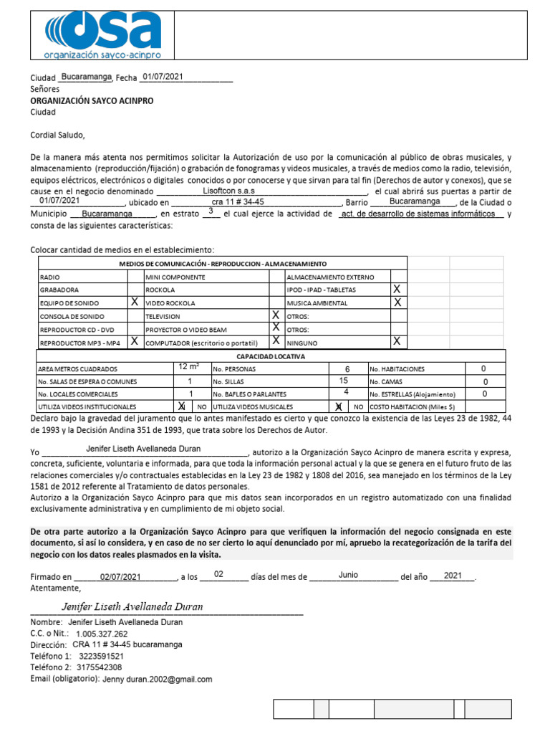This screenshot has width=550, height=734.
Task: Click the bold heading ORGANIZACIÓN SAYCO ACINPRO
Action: click(x=92, y=101)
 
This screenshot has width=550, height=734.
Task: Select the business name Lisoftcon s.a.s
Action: click(x=228, y=191)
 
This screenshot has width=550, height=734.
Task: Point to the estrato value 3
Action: click(x=211, y=212)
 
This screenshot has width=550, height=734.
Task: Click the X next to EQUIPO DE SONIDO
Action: click(x=134, y=302)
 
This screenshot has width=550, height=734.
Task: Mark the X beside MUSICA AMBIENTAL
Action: click(x=397, y=302)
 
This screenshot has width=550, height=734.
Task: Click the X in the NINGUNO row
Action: click(x=397, y=341)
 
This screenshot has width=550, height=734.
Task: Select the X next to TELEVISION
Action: click(x=275, y=315)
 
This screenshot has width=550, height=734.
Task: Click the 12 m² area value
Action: click(x=189, y=368)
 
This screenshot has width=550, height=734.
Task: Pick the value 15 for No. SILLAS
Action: click(x=344, y=381)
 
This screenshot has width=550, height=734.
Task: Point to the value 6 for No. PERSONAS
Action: click(x=347, y=368)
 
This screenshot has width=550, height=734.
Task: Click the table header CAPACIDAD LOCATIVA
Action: click(x=271, y=356)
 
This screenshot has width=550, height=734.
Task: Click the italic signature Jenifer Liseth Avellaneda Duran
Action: click(x=132, y=606)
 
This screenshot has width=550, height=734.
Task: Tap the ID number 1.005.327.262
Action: click(x=101, y=634)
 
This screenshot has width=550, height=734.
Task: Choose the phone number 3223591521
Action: click(x=101, y=656)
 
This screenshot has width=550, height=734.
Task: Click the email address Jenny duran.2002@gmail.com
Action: click(x=158, y=679)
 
